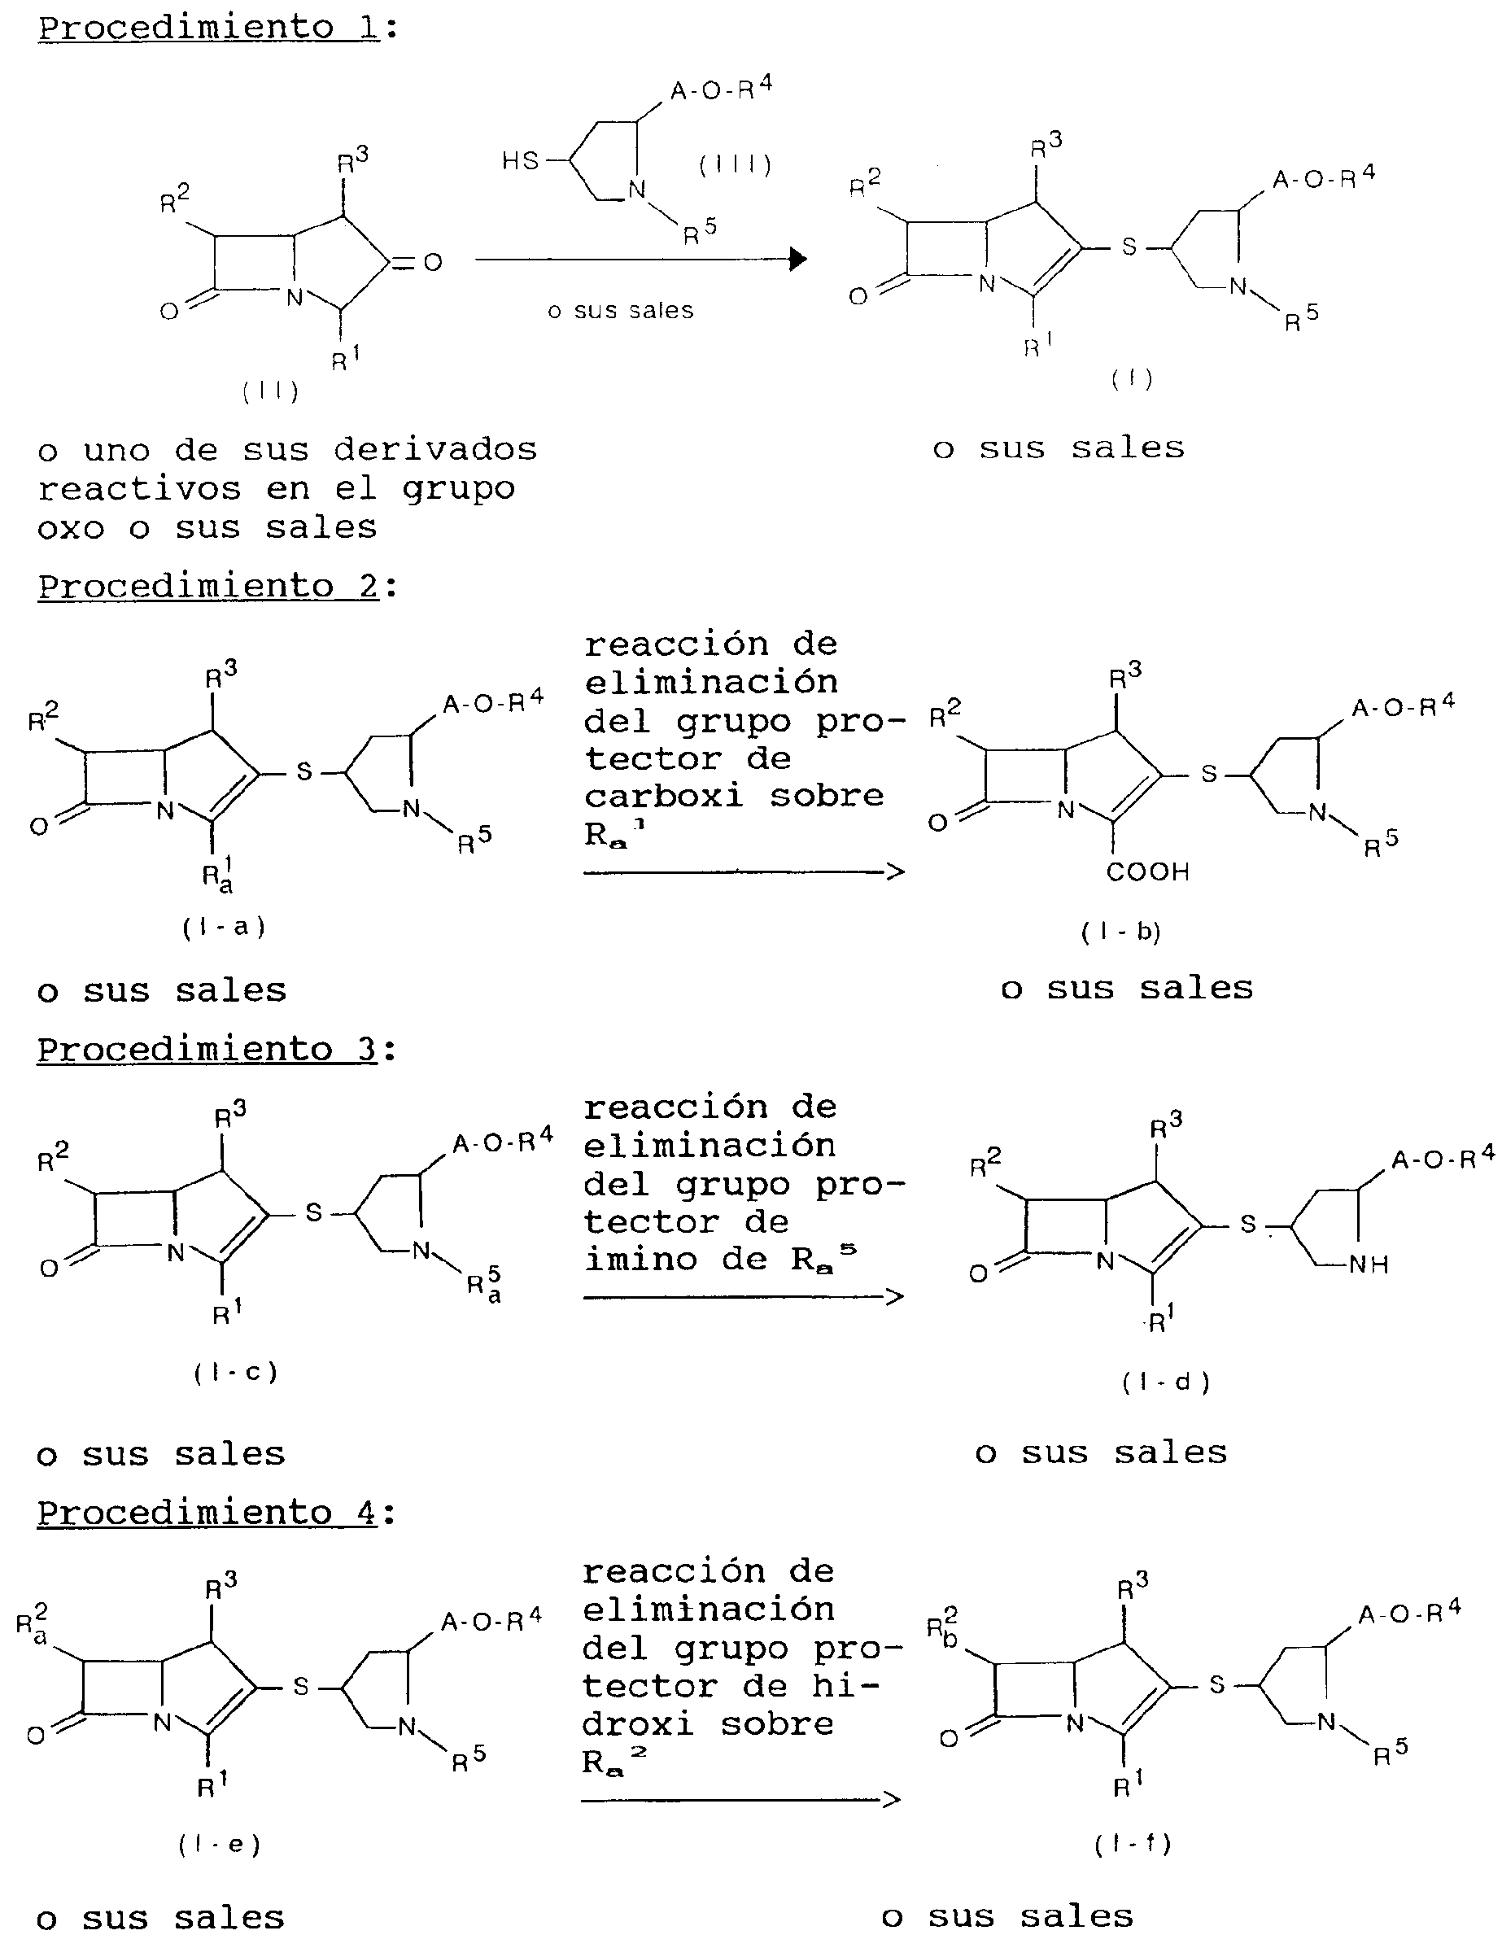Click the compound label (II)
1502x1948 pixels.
click(x=270, y=391)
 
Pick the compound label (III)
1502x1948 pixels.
click(x=735, y=164)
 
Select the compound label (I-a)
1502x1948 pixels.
click(x=224, y=928)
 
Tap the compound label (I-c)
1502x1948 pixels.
click(x=235, y=1372)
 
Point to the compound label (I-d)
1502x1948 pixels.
click(x=1167, y=1382)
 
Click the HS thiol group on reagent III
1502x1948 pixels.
click(x=520, y=160)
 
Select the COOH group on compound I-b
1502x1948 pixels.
click(x=1148, y=871)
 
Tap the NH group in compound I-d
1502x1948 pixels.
click(x=1369, y=1264)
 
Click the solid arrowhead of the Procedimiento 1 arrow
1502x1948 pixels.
click(x=798, y=260)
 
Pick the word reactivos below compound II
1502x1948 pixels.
click(x=140, y=489)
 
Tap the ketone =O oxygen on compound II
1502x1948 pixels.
click(x=434, y=262)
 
